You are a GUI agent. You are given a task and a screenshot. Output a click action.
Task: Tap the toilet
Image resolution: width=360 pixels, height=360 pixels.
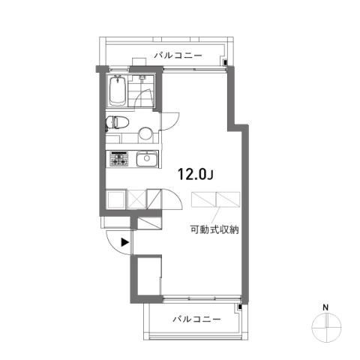[117, 122]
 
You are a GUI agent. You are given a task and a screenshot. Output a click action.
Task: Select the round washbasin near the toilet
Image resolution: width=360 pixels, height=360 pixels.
[145, 134]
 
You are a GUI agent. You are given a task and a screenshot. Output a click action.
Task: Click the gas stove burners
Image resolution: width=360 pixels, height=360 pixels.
[118, 159]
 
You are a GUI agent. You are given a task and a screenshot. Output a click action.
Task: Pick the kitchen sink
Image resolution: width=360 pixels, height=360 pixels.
[147, 159]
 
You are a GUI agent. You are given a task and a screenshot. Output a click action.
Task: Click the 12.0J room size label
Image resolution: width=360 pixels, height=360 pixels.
[195, 174]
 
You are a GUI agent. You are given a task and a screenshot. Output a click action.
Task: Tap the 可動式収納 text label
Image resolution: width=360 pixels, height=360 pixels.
[214, 229]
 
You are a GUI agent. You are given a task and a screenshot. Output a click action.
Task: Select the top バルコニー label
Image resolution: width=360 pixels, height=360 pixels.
[178, 55]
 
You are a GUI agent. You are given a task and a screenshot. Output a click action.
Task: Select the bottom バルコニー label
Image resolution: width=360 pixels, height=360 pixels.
[197, 319]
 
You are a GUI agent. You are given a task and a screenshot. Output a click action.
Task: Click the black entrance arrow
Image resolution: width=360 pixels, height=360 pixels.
[125, 242]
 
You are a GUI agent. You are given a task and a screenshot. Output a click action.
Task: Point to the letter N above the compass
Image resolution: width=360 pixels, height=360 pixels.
[325, 307]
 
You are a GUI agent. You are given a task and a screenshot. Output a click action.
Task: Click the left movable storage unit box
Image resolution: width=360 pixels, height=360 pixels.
[203, 199]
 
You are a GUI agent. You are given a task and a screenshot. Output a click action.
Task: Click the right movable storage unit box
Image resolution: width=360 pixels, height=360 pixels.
[228, 199]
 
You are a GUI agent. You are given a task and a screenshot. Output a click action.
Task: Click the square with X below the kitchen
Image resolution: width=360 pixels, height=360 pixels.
[136, 199]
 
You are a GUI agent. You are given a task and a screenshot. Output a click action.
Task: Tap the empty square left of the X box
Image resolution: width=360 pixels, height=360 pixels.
[115, 199]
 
